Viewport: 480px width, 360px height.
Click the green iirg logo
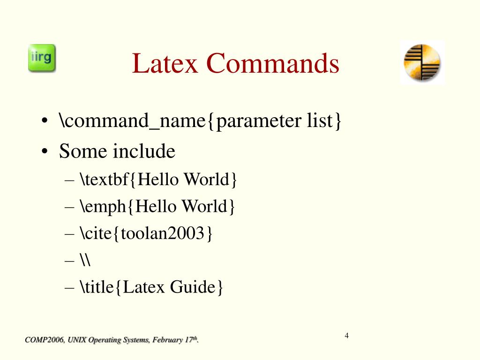(42, 58)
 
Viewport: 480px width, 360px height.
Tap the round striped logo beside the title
(422, 62)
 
